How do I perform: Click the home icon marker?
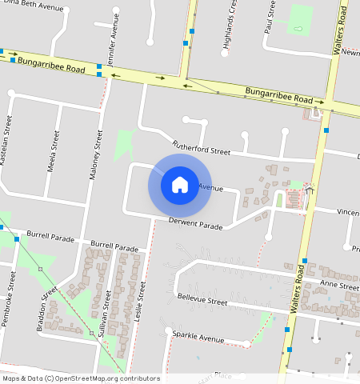coord(180,185)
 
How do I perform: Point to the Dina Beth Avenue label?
coord(31,7)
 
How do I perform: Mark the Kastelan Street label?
coord(9,141)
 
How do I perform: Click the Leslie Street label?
coord(142,303)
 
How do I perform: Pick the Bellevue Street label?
coord(202,301)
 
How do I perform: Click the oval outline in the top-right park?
coord(298,30)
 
